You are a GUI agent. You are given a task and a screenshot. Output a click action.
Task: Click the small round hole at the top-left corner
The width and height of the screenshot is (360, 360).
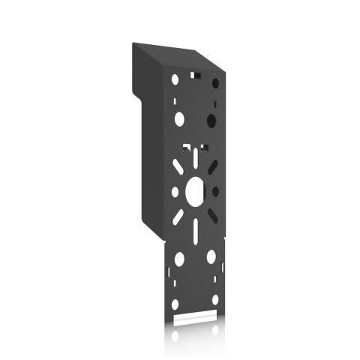click(175, 79)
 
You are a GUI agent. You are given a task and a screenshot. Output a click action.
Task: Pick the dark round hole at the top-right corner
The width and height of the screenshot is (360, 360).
click(216, 82)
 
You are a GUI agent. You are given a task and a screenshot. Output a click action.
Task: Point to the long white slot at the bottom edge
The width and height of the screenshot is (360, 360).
click(194, 318)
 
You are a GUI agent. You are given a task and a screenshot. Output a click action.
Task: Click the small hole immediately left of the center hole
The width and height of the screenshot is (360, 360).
click(175, 191)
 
